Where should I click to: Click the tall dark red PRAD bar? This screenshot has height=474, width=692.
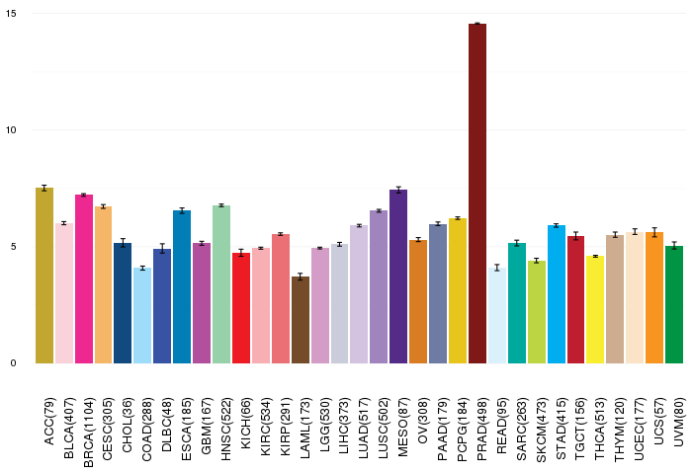(477, 194)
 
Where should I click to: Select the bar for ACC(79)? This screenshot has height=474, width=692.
(44, 276)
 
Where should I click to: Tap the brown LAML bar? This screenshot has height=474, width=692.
(301, 320)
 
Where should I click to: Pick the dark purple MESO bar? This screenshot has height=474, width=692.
(398, 276)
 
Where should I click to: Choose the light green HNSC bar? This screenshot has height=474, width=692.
(221, 284)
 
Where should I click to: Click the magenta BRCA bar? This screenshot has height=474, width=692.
(84, 279)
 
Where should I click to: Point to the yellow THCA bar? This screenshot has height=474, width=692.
(595, 309)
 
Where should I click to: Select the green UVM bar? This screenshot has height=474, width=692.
(674, 305)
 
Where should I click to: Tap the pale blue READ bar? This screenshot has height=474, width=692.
(497, 316)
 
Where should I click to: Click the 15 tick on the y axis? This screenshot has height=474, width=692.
(11, 14)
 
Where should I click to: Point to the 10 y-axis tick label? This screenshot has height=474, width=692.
(11, 130)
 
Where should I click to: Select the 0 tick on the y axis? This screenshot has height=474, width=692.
(13, 363)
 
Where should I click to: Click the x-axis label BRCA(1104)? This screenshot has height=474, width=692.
(88, 433)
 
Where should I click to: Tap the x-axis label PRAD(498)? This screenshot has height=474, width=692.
(482, 429)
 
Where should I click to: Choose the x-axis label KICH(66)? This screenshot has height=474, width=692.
(246, 424)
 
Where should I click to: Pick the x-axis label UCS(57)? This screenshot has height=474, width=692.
(659, 421)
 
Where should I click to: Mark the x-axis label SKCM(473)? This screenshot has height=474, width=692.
(542, 430)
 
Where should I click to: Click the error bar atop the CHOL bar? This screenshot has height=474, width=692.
(123, 243)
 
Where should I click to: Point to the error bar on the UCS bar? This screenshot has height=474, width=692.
(654, 232)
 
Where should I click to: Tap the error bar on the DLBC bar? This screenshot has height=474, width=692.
(162, 248)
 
